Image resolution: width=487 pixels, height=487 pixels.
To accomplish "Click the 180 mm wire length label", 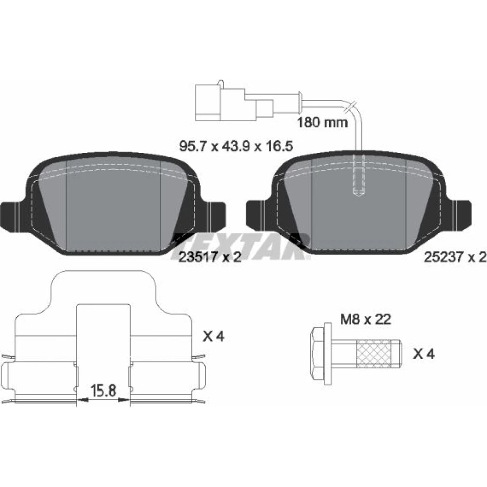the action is [322, 122].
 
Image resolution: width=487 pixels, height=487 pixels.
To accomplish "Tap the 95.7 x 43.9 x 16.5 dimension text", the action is [236, 146].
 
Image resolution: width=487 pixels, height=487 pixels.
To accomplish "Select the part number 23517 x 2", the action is [210, 257].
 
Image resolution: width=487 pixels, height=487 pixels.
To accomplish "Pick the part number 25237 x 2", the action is [455, 257].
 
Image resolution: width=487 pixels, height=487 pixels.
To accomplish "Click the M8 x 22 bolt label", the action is [366, 319].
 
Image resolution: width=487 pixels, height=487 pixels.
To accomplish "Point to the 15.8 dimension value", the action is [103, 391].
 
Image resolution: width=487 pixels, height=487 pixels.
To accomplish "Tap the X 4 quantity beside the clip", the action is [213, 336].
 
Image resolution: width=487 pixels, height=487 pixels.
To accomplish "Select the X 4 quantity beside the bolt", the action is [424, 354].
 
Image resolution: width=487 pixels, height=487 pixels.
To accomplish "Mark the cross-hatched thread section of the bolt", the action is [374, 354].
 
